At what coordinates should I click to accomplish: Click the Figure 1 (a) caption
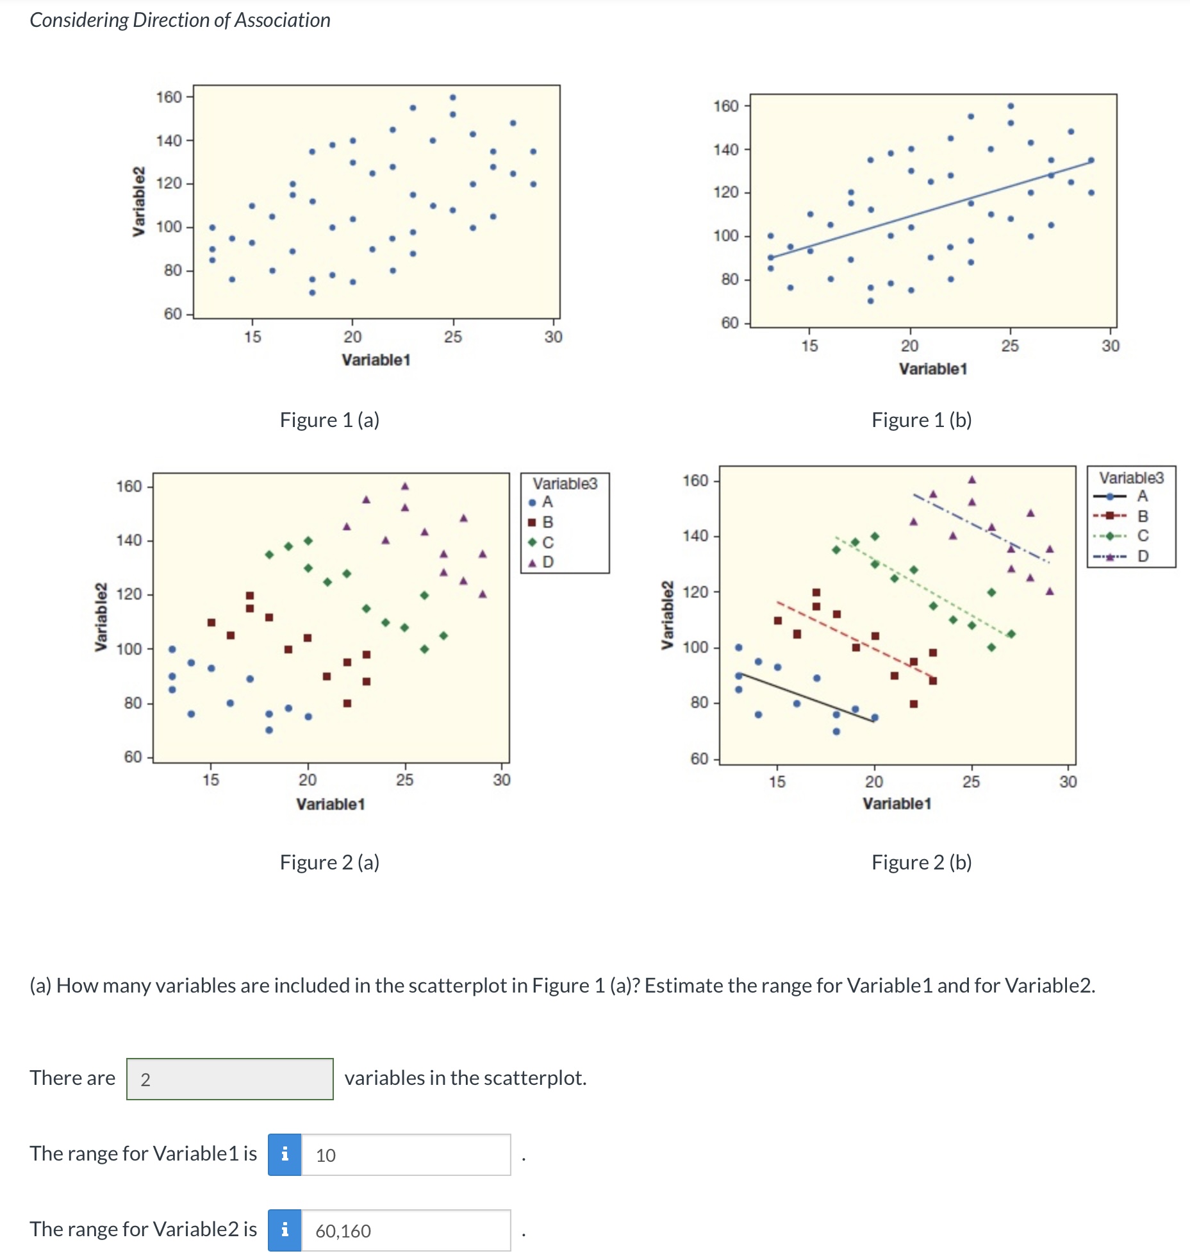[329, 420]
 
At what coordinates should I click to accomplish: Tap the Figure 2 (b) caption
[921, 862]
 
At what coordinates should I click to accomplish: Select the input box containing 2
[229, 1079]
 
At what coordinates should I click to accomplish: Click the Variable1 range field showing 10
[405, 1155]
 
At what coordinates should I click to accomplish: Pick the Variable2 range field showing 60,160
[405, 1230]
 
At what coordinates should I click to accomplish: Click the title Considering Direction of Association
[180, 21]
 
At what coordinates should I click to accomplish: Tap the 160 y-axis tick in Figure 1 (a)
[169, 97]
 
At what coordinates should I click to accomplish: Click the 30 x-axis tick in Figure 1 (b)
[1110, 346]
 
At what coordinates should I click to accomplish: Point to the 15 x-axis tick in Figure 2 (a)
[211, 780]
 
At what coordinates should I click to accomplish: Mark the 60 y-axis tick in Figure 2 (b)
[699, 759]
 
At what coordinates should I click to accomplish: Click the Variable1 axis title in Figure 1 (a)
[376, 360]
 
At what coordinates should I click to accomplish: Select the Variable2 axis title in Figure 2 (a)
[101, 617]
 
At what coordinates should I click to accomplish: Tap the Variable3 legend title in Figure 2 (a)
[565, 483]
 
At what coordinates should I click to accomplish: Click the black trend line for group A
[807, 698]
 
